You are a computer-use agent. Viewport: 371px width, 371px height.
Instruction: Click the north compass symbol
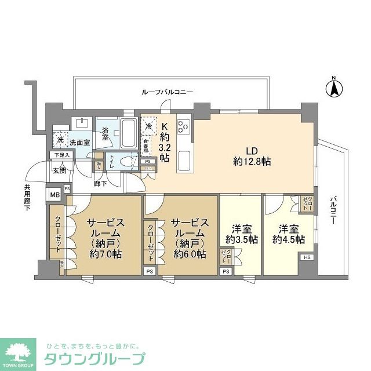pyautogui.click(x=334, y=88)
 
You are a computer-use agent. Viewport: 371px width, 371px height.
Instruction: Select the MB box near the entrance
pyautogui.click(x=55, y=194)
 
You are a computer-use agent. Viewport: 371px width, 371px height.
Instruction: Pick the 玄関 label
pyautogui.click(x=60, y=170)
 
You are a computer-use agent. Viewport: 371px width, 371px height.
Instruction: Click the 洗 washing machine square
pyautogui.click(x=60, y=139)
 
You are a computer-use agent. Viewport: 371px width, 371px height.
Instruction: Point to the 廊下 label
pyautogui.click(x=100, y=184)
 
